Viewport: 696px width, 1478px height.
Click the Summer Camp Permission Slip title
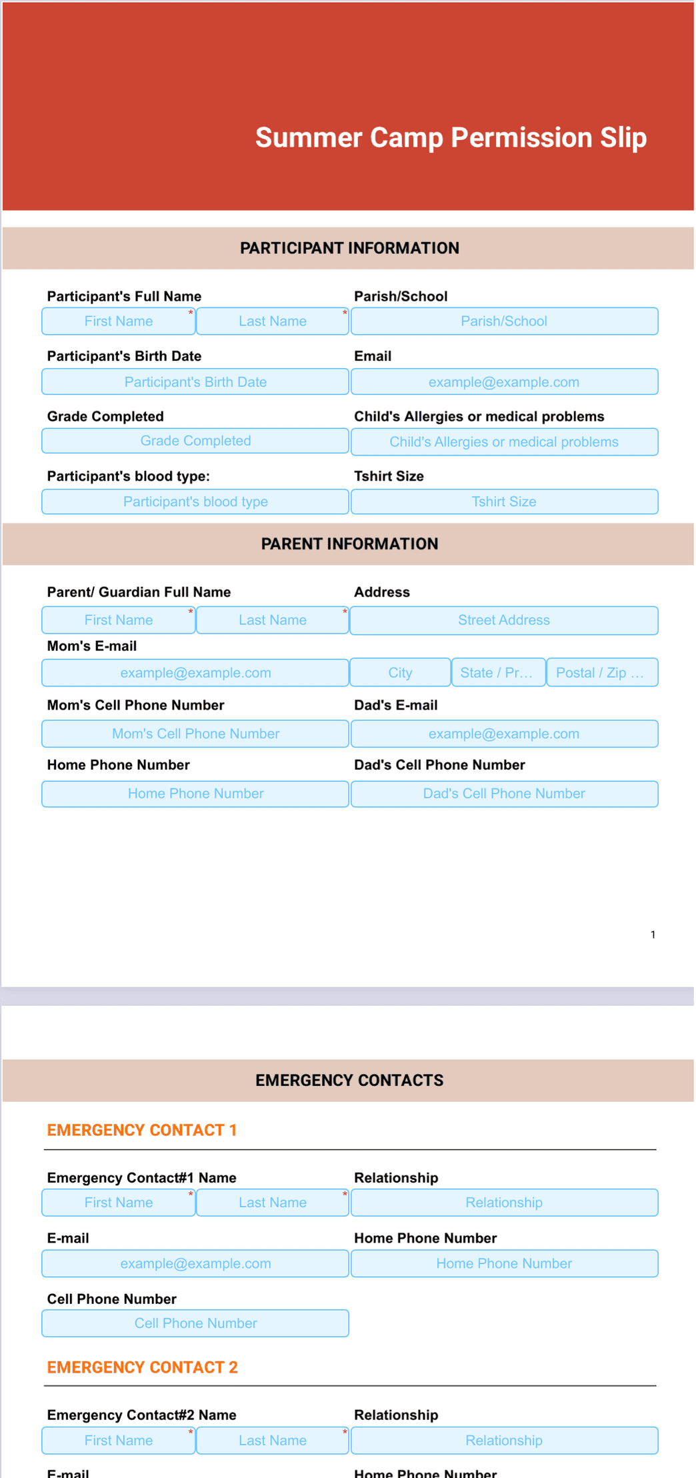click(x=451, y=137)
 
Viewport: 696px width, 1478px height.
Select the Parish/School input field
click(x=504, y=321)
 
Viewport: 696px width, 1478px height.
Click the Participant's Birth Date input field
click(x=195, y=382)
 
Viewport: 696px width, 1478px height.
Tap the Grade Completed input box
click(x=195, y=441)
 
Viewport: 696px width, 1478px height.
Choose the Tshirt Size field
click(x=504, y=502)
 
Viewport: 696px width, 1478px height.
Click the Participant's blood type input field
click(x=195, y=502)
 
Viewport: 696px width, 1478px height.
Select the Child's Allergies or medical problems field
click(x=504, y=442)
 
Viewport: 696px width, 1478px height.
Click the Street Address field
click(x=504, y=620)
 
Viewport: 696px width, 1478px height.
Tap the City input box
click(x=400, y=672)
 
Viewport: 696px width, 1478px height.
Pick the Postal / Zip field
click(x=602, y=672)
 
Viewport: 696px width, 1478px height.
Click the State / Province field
click(x=499, y=672)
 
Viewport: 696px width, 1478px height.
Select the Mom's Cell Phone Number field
click(x=195, y=734)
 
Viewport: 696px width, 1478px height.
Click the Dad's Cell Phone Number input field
click(x=504, y=794)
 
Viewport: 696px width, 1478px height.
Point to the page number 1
click(x=653, y=934)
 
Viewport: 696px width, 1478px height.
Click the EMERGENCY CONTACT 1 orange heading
click(x=142, y=1130)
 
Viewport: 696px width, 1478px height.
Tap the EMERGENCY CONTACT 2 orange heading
click(x=142, y=1367)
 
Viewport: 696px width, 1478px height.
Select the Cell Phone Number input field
click(x=195, y=1323)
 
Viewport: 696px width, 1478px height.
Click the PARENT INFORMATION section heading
click(x=349, y=544)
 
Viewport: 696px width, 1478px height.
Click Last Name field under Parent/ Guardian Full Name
click(x=273, y=620)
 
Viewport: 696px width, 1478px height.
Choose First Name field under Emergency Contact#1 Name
click(x=119, y=1203)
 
